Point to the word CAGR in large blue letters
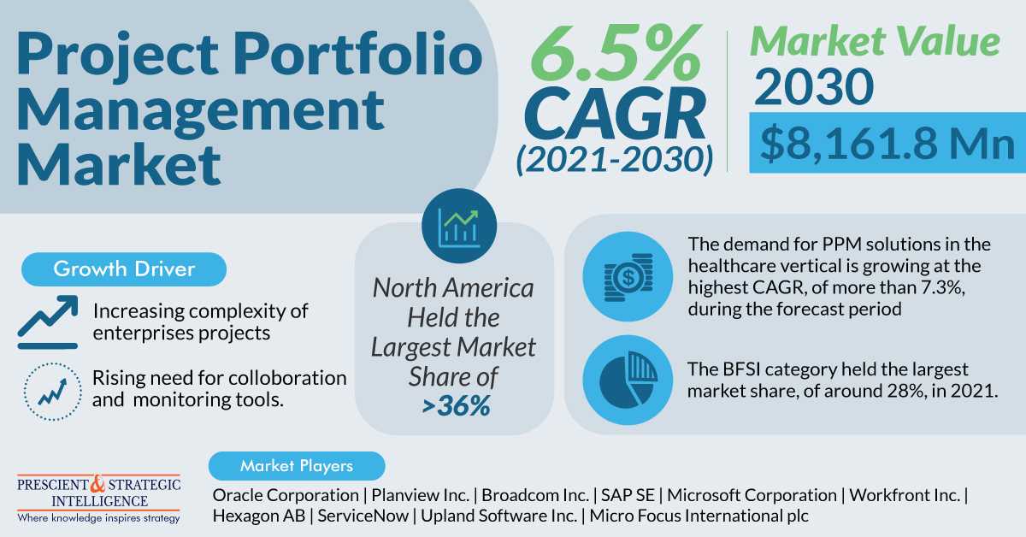point(615,116)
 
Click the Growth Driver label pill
point(124,269)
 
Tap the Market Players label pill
point(297,466)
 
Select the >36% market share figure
point(455,405)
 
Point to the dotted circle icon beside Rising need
point(49,389)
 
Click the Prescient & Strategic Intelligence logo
point(99,499)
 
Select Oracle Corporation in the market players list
point(286,494)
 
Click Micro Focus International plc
point(699,516)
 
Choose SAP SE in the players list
point(630,494)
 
